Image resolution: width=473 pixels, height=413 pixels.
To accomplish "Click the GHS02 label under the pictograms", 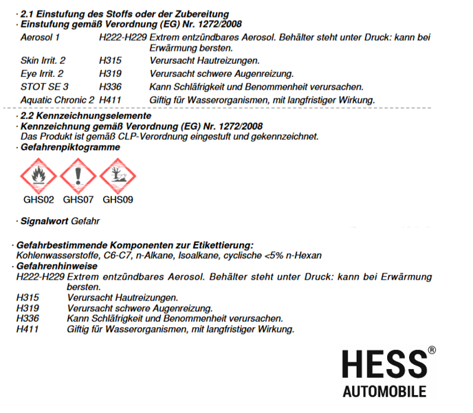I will coord(38,200).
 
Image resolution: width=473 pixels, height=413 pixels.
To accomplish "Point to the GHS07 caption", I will coord(78,200).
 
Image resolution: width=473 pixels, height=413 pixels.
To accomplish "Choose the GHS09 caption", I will coord(118,200).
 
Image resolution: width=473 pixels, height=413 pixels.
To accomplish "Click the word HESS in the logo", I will coord(383,364).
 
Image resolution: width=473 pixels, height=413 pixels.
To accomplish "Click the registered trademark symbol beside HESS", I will coord(432,350).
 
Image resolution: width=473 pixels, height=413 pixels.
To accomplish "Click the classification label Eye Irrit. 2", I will coord(43,74).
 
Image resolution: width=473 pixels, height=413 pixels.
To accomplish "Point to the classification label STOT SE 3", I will coord(45,87).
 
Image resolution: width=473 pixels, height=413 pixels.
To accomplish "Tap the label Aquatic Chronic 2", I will coord(58,100).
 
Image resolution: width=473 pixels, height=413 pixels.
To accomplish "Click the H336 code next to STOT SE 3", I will coord(111,87).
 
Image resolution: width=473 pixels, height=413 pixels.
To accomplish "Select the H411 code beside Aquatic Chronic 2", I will coord(111,100).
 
